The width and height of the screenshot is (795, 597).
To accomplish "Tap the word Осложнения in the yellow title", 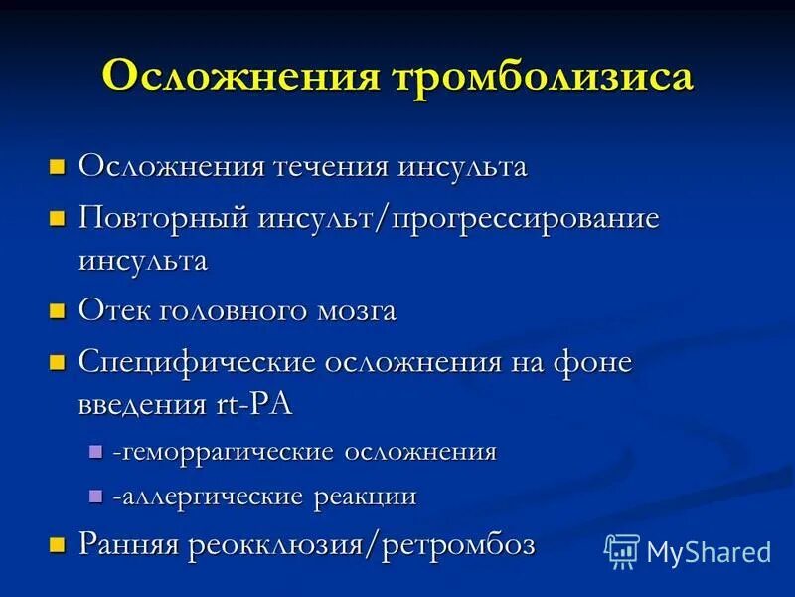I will click(232, 78).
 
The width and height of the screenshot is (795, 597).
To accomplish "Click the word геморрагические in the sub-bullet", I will click(226, 452).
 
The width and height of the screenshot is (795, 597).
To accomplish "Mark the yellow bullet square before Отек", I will click(58, 310).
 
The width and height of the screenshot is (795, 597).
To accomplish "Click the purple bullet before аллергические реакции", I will click(95, 496).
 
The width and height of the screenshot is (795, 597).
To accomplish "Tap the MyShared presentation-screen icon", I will click(622, 550).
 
